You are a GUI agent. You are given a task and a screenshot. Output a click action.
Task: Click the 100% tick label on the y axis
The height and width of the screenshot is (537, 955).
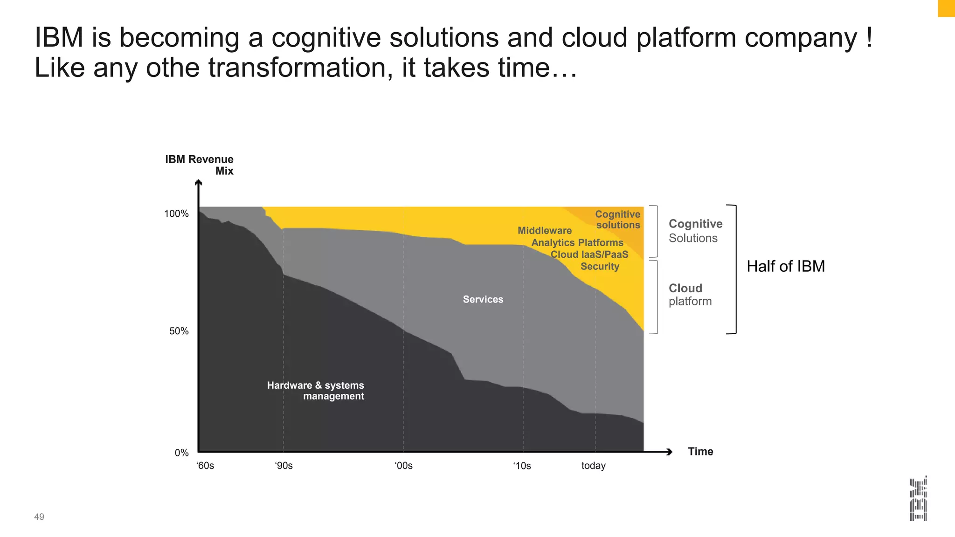click(176, 214)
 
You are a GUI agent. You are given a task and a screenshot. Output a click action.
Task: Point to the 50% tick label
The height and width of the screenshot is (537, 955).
click(179, 331)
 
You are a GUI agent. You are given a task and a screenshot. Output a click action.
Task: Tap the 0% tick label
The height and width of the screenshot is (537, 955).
click(181, 453)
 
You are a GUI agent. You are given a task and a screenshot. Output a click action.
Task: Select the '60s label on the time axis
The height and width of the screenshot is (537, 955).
click(205, 466)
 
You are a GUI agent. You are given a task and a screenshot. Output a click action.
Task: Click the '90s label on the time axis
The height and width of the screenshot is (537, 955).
click(284, 466)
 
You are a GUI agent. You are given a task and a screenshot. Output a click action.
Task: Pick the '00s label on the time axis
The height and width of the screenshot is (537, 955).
click(403, 466)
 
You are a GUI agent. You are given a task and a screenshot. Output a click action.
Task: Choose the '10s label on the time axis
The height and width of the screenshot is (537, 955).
click(522, 466)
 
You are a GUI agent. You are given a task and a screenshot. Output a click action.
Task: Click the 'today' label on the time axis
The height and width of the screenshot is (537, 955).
click(593, 466)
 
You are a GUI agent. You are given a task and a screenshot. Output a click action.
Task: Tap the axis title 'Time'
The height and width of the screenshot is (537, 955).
click(700, 451)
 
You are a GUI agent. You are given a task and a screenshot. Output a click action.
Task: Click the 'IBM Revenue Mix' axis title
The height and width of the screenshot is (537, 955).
click(200, 165)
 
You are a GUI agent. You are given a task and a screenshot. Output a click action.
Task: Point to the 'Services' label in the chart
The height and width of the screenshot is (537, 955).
click(483, 299)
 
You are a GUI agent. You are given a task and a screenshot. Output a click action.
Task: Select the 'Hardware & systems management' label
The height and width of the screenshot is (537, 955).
click(316, 391)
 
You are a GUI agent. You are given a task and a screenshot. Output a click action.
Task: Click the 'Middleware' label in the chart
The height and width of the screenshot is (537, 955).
click(545, 230)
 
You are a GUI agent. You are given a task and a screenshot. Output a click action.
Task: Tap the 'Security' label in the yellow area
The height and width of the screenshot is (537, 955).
click(600, 266)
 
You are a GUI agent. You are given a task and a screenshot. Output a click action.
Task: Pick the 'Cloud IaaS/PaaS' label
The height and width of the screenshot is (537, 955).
click(589, 255)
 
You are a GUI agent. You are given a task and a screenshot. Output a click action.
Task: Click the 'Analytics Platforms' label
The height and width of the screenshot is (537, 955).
click(577, 242)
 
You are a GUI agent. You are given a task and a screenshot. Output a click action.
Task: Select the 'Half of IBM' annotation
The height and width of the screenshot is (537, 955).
click(786, 266)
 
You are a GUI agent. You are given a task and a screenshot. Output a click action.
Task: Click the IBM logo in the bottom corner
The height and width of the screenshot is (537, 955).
click(918, 498)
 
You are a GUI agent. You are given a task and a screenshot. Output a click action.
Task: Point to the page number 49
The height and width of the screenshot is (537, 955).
click(39, 516)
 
